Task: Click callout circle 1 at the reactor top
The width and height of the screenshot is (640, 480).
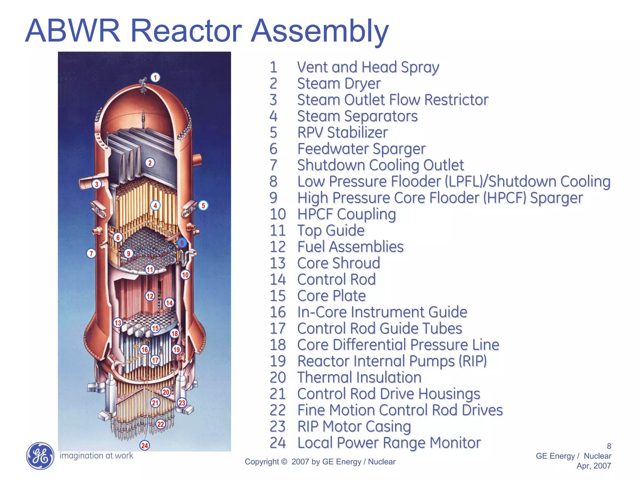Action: coord(155,77)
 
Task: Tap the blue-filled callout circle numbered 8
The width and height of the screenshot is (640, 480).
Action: coord(182,243)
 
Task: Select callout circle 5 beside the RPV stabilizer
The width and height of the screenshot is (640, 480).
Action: coord(203,205)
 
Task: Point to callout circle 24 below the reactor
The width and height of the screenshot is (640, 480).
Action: coord(144,445)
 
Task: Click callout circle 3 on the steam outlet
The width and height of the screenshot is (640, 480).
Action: coord(97,184)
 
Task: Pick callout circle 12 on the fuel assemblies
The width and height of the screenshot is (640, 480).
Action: coord(150,296)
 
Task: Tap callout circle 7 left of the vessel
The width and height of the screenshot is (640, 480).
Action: coord(91,253)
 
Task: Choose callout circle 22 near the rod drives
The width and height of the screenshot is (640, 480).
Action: coord(161,424)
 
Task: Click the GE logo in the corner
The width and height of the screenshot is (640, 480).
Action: coord(40,456)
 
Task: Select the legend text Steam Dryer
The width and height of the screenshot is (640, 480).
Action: coord(339,84)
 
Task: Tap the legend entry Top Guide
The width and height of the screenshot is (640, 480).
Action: coord(331,231)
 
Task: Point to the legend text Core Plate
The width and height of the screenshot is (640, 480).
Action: coord(332,296)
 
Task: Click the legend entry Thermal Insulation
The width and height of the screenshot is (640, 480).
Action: coord(359,377)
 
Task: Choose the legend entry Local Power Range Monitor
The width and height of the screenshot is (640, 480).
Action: coord(389,443)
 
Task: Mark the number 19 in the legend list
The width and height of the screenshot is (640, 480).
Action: coord(277,361)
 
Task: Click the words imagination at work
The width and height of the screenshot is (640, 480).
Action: coord(96,456)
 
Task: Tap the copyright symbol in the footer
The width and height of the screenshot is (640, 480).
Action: coord(284,462)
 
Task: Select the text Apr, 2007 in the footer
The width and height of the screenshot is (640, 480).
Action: coord(594,466)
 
